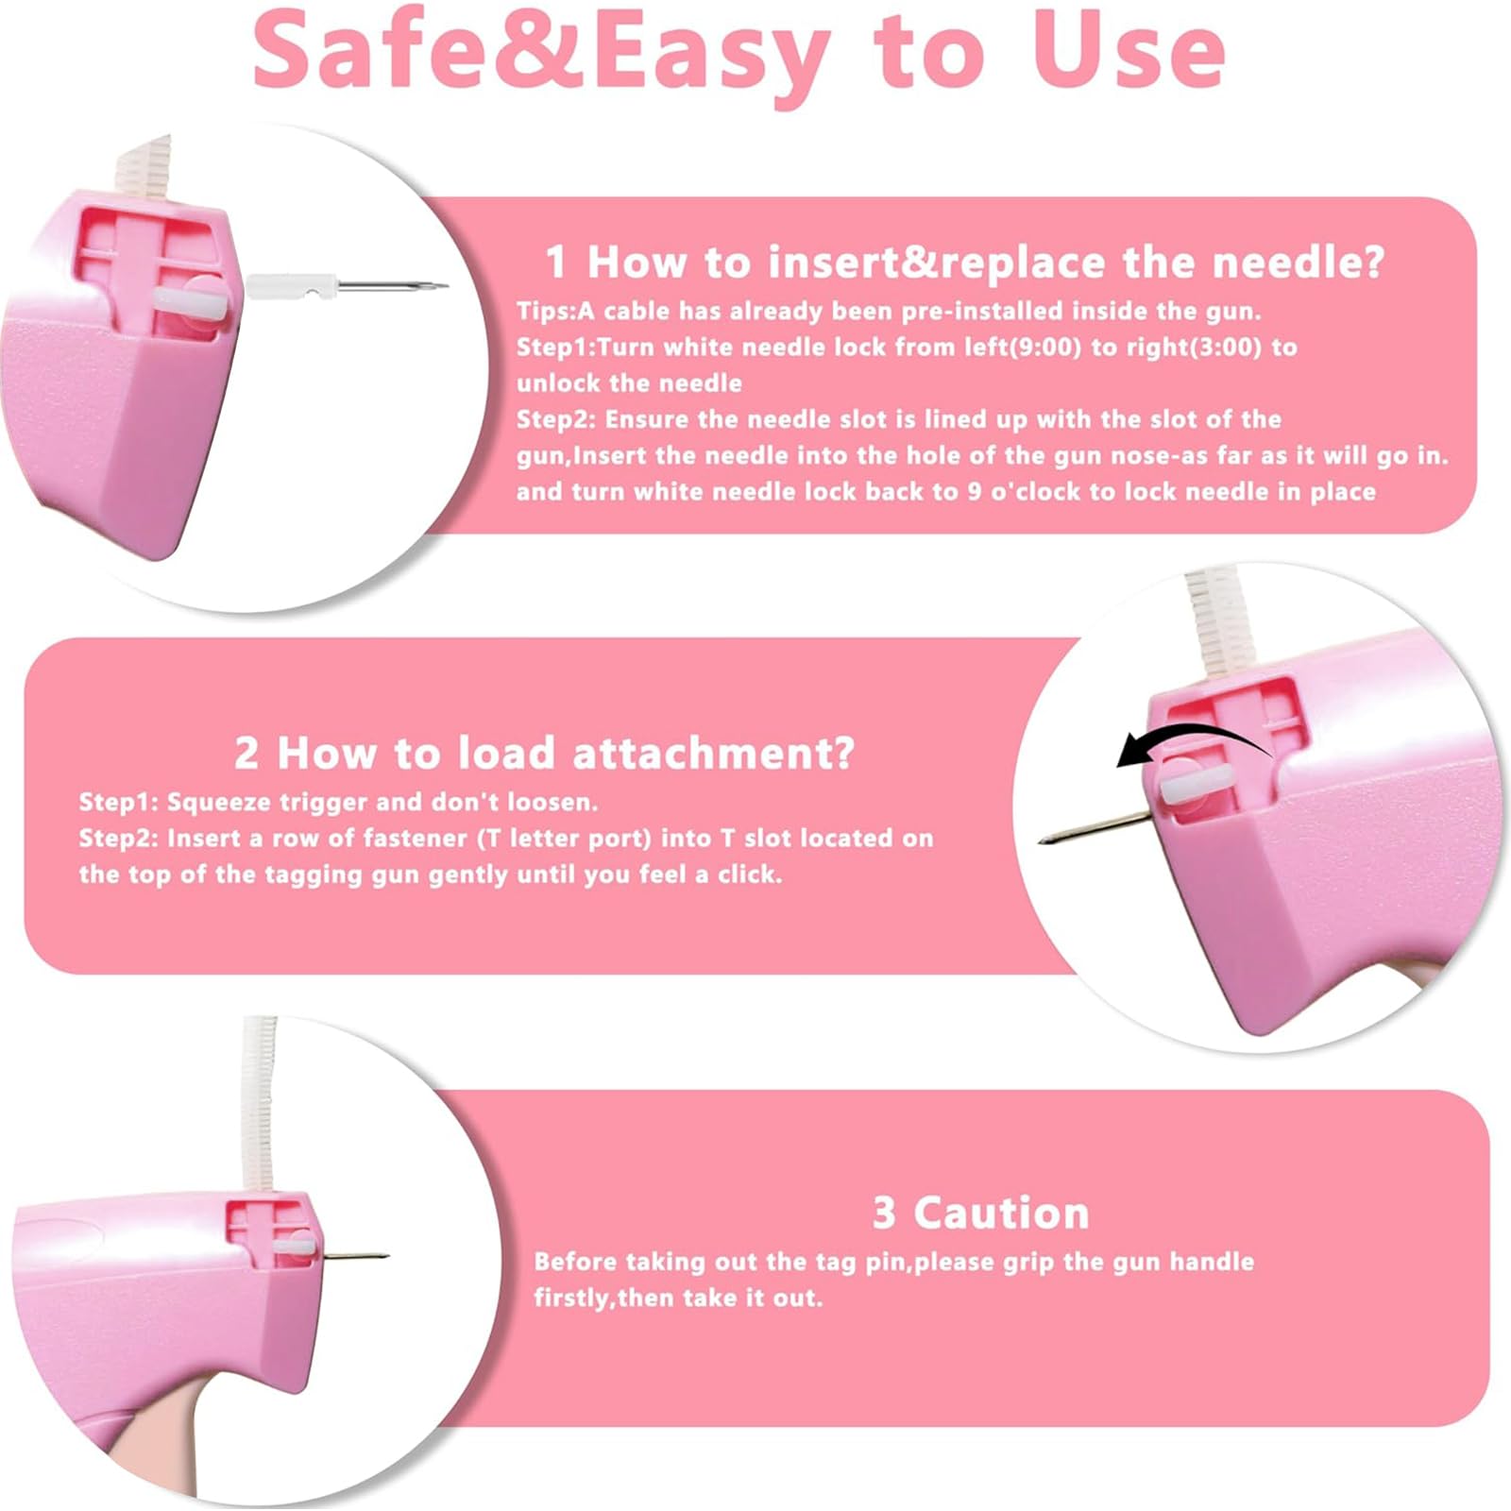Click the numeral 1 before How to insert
[556, 262]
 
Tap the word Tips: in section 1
[546, 312]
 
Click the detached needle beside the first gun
[347, 284]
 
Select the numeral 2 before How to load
[246, 753]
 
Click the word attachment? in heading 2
[713, 753]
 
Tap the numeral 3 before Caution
[883, 1213]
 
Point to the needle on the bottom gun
[354, 1256]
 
